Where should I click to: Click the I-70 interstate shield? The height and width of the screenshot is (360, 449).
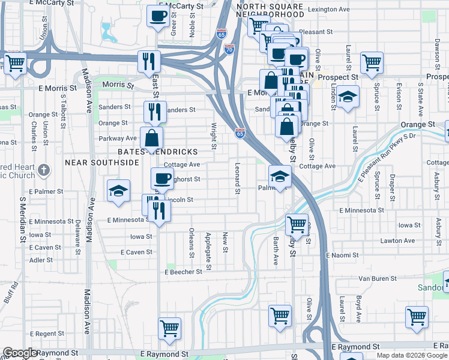(x=229, y=50)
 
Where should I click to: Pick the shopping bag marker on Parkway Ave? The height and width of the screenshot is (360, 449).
(x=152, y=139)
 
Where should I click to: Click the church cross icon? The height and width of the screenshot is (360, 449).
(x=43, y=170)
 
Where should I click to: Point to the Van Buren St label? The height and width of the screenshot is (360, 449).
(x=379, y=278)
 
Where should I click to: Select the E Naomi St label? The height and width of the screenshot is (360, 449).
(x=342, y=255)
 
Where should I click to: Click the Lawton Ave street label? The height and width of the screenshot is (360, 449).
(x=397, y=241)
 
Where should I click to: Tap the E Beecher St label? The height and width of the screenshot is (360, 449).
(x=184, y=272)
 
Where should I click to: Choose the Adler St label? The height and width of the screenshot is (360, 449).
(x=41, y=260)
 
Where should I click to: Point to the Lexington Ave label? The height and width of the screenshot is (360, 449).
(x=328, y=10)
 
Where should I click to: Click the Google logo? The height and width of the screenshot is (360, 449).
(x=20, y=353)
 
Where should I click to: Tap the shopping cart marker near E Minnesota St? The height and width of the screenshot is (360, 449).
(x=297, y=225)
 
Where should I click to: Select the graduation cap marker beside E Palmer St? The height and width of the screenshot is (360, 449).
(x=118, y=191)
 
